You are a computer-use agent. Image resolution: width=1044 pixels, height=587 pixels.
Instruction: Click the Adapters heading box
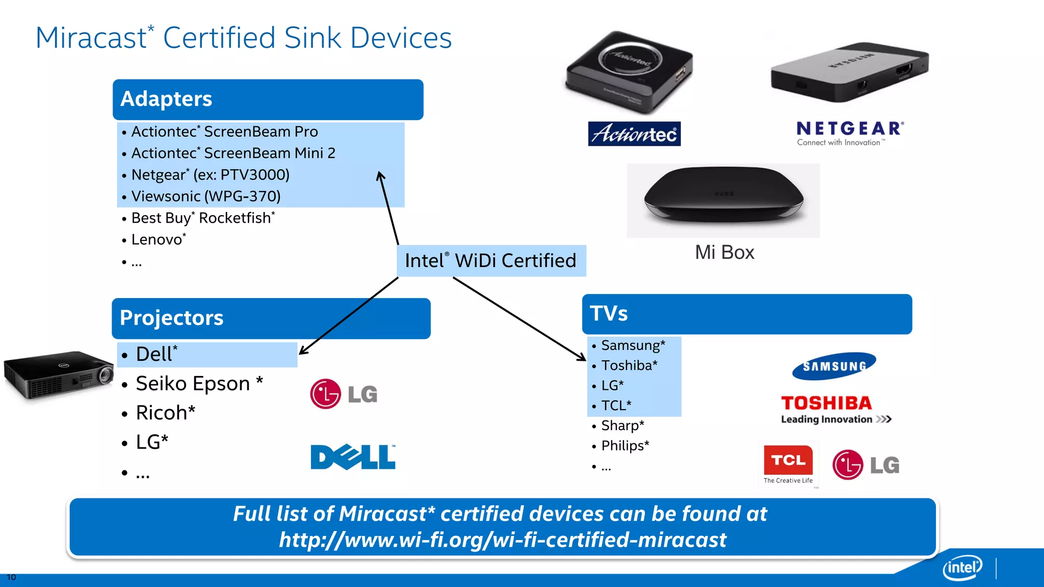[268, 99]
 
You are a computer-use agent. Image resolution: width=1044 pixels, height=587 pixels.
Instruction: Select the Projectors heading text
[171, 318]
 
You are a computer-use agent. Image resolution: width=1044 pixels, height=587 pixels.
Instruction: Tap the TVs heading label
[609, 313]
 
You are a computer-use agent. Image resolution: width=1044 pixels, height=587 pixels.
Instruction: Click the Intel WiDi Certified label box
[491, 261]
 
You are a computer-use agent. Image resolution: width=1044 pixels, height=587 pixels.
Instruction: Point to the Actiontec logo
[634, 134]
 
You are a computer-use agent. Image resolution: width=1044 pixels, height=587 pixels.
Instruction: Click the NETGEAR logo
[850, 133]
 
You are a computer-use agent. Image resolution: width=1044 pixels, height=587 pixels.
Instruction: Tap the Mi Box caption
[724, 253]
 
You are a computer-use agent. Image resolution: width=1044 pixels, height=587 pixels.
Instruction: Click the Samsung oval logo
[834, 366]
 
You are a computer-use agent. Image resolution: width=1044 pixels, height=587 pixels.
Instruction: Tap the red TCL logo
[788, 461]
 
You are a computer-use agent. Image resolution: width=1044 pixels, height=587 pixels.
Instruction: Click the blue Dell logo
[353, 457]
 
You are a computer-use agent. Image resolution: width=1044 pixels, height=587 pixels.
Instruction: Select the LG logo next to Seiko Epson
[344, 394]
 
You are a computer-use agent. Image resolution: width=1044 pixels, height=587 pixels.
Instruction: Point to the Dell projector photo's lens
[106, 375]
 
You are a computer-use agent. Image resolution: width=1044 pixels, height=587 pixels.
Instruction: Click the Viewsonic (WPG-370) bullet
[206, 196]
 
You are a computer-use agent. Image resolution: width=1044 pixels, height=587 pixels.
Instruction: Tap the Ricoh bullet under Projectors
[165, 413]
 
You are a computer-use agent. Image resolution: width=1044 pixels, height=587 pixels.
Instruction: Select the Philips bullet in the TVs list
[625, 446]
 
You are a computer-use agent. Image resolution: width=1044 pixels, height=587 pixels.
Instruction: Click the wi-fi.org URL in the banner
[502, 540]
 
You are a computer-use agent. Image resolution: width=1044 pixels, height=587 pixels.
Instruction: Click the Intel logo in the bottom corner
[962, 567]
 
